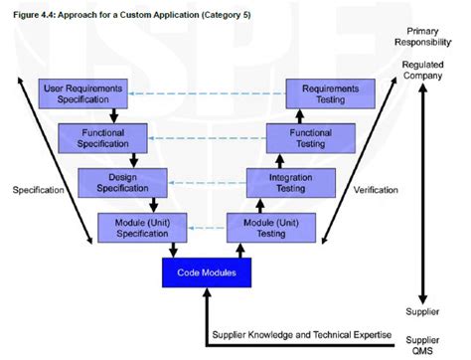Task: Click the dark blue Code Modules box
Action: click(205, 270)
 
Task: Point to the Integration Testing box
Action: click(288, 181)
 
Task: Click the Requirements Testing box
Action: click(330, 94)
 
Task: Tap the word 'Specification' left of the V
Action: click(38, 189)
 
